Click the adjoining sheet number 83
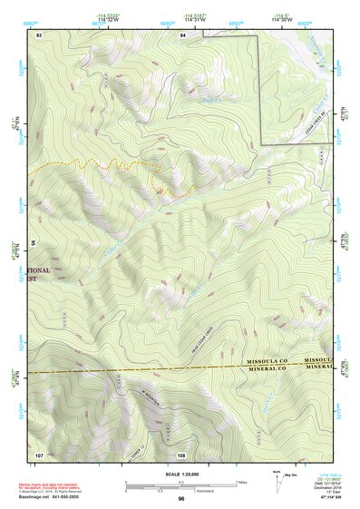[x=39, y=34]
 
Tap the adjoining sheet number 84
[x=183, y=34]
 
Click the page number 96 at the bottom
[x=181, y=499]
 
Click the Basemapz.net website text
[x=38, y=494]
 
